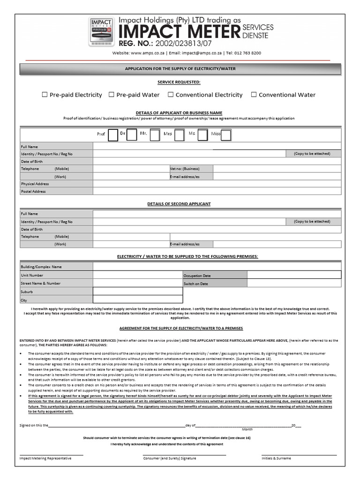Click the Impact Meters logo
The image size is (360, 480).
pyautogui.click(x=101, y=32)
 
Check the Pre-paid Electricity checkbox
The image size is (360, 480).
pyautogui.click(x=45, y=95)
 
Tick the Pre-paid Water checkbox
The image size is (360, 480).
pyautogui.click(x=112, y=95)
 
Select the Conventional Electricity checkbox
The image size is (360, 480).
pyautogui.click(x=171, y=95)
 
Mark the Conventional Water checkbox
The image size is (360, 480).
pyautogui.click(x=254, y=95)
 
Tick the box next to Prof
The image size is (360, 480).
pyautogui.click(x=113, y=135)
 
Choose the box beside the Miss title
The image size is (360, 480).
pyautogui.click(x=226, y=135)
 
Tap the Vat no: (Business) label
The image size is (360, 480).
pyautogui.click(x=185, y=169)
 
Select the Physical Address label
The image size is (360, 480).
pyautogui.click(x=35, y=184)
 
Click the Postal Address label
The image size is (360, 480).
pyautogui.click(x=33, y=192)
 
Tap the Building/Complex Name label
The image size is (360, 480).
pyautogui.click(x=41, y=267)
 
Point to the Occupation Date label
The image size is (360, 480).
pyautogui.click(x=197, y=276)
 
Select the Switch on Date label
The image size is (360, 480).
pyautogui.click(x=196, y=284)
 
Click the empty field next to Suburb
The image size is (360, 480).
pyautogui.click(x=138, y=292)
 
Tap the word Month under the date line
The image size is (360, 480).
pyautogui.click(x=247, y=429)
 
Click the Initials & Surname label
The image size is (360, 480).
pyautogui.click(x=276, y=458)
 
